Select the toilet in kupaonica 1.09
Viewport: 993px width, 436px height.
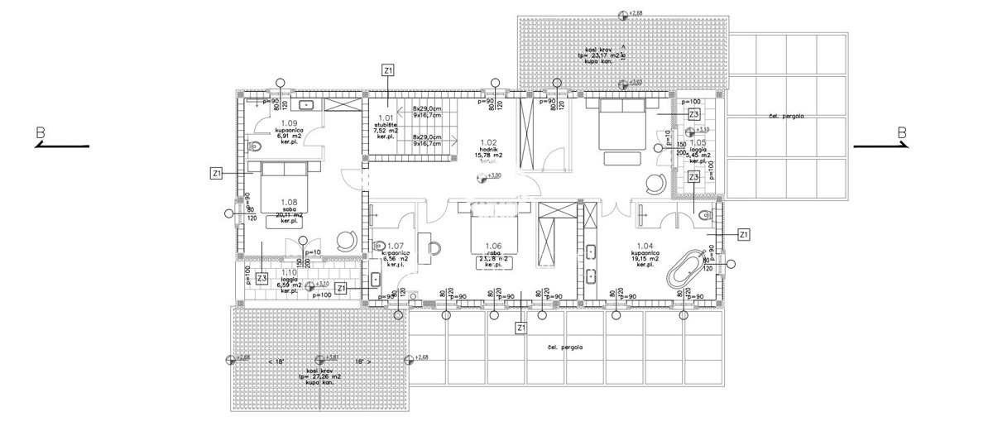[256, 146]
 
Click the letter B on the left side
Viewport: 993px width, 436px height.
[39, 132]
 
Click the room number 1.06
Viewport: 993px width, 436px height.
[493, 246]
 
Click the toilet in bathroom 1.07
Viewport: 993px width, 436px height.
[380, 247]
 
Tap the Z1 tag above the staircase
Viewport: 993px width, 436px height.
[388, 70]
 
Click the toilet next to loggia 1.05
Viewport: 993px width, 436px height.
[703, 216]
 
